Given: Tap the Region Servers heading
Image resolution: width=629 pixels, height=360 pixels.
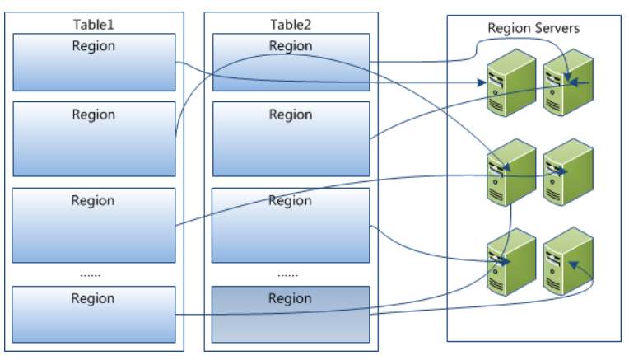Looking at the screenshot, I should point(533,28).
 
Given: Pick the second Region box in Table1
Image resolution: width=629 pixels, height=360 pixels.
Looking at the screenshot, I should point(94,138).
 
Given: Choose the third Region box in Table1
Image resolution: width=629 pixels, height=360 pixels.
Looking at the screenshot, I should point(94,224).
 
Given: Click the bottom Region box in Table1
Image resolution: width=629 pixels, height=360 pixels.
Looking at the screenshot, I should point(94,314).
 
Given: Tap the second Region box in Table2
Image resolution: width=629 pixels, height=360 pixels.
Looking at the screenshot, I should point(291,138).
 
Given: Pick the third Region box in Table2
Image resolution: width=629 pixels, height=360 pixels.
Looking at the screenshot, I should point(291,224).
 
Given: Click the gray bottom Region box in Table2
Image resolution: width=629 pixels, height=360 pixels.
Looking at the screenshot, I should point(291,314).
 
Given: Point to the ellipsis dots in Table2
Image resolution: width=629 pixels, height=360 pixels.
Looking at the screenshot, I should point(288,273).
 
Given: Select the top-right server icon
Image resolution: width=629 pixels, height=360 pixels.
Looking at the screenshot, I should point(567,81).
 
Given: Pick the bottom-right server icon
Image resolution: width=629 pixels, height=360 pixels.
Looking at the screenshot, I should point(567,260).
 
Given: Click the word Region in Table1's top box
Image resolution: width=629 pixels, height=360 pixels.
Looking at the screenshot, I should point(93,46).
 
